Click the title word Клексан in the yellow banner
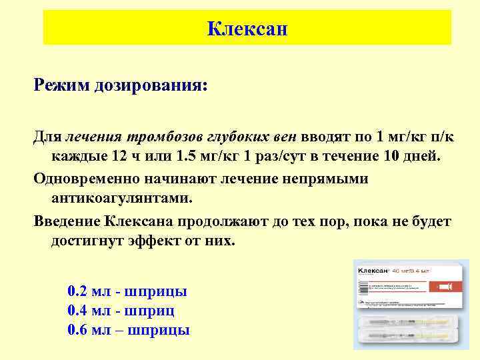(247, 29)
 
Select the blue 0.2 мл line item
(127, 291)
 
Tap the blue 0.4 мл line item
(122, 311)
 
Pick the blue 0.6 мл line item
(129, 330)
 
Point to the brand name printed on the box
(374, 271)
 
